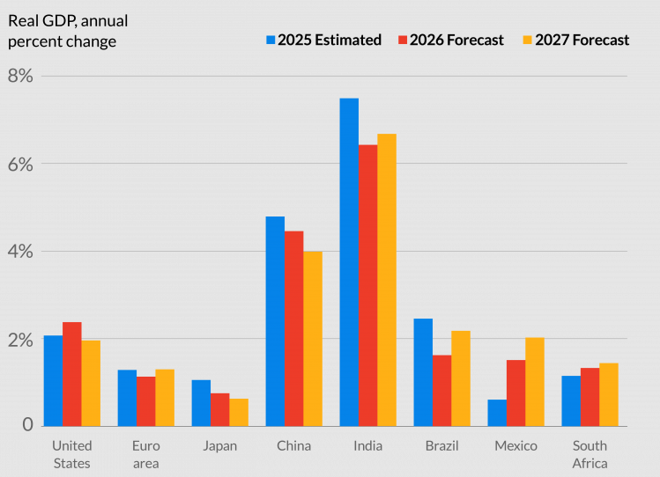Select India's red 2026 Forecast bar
[x=368, y=285]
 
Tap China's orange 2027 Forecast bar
[x=312, y=339]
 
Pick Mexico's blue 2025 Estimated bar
[x=497, y=413]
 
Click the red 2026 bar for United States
[x=72, y=374]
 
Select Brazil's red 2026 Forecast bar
[x=441, y=391]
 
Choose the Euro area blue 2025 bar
[x=127, y=398]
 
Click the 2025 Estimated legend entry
[x=323, y=40]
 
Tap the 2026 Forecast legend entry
[x=449, y=40]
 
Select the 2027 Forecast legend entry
[x=576, y=40]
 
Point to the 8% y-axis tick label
[x=20, y=77]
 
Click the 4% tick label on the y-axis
[x=20, y=252]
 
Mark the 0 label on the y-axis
[x=27, y=425]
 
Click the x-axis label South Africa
[x=590, y=454]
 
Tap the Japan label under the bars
[x=219, y=446]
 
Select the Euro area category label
[x=146, y=454]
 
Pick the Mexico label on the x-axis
[x=515, y=446]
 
